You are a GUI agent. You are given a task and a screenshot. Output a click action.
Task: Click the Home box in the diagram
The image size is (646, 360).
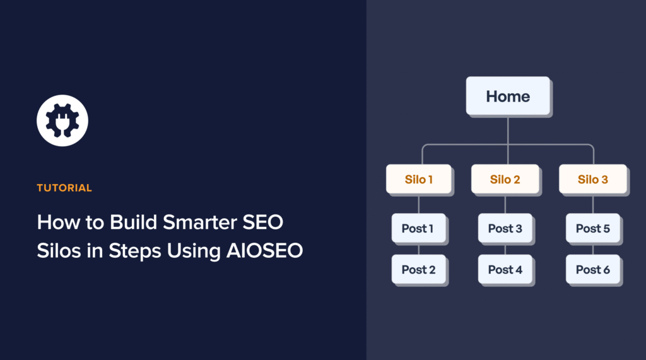click(x=507, y=96)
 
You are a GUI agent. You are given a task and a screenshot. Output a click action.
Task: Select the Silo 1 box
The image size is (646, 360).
click(x=418, y=180)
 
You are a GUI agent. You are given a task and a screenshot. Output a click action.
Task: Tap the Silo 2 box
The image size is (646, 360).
click(x=505, y=180)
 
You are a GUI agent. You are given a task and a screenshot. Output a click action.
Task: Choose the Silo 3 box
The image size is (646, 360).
click(x=592, y=180)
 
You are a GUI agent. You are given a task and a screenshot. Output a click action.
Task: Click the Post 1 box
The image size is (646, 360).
click(x=418, y=228)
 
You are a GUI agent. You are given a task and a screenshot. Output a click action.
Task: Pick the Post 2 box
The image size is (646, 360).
click(x=418, y=270)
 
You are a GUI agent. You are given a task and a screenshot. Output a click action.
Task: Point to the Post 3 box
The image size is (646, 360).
click(x=505, y=228)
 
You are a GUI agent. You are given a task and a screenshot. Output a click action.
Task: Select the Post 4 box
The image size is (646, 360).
click(x=505, y=270)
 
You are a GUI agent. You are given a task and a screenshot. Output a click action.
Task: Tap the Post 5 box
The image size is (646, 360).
click(x=592, y=228)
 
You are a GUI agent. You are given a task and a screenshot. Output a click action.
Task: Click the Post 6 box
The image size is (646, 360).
click(x=592, y=270)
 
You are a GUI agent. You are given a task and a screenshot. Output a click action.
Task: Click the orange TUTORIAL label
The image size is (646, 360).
click(x=64, y=188)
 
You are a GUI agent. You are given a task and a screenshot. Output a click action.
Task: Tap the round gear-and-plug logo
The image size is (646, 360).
click(x=62, y=120)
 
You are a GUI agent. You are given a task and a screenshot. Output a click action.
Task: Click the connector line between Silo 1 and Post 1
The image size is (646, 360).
click(x=418, y=204)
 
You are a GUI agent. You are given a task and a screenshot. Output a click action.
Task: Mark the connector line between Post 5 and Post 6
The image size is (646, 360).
click(x=592, y=249)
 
